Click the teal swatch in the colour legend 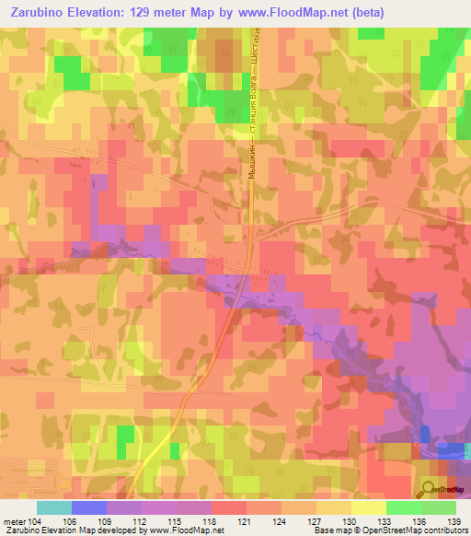pyautogui.click(x=54, y=507)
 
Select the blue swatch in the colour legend pyautogui.click(x=89, y=507)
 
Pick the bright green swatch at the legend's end pyautogui.click(x=439, y=507)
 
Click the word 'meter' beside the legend pyautogui.click(x=16, y=522)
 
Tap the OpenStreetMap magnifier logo pyautogui.click(x=428, y=489)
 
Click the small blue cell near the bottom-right pyautogui.click(x=425, y=434)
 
